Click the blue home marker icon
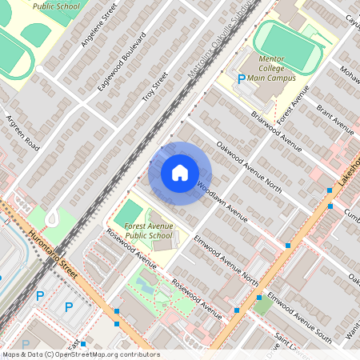(180, 172)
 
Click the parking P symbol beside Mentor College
(242, 78)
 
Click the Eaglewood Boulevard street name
(120, 61)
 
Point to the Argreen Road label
(22, 132)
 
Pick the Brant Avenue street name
(334, 118)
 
